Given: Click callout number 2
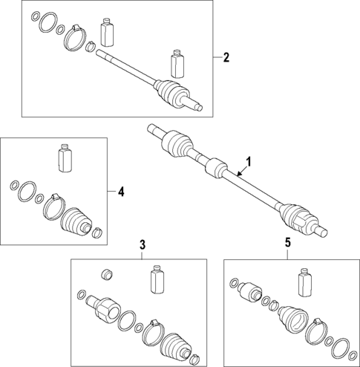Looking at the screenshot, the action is [226, 57].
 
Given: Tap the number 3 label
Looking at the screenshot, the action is [143, 245].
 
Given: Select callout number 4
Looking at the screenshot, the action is [121, 192].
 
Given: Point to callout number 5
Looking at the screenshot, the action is [287, 243].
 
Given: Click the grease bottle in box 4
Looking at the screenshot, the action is [65, 157].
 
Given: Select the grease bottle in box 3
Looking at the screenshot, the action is [157, 279].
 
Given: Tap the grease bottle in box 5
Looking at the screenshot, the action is [305, 282].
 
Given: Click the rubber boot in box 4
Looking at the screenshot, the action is [76, 221].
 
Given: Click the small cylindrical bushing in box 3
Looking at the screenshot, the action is [107, 274].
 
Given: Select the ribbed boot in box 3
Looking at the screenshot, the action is [177, 347].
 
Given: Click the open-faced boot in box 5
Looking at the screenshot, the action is [293, 319].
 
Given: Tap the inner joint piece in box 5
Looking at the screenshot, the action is [249, 291].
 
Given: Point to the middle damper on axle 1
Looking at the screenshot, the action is [216, 168].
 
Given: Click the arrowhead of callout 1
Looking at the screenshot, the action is [238, 175].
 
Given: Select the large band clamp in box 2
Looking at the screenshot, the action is [76, 38].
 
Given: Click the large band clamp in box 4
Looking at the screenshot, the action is [54, 207].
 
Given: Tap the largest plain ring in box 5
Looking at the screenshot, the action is [341, 350].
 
